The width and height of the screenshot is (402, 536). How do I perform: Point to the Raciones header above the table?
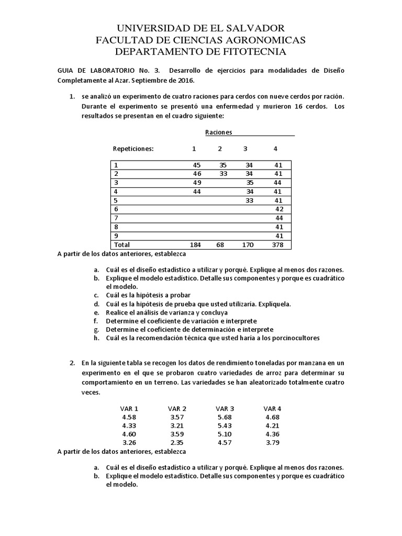pyautogui.click(x=218, y=133)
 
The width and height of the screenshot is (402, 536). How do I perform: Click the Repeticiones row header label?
pyautogui.click(x=133, y=149)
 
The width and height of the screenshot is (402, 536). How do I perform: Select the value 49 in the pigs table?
pyautogui.click(x=197, y=183)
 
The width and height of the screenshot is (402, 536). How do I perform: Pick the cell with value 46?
pyautogui.click(x=197, y=174)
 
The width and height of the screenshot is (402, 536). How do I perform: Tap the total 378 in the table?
pyautogui.click(x=278, y=245)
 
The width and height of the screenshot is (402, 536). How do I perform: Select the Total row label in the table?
pyautogui.click(x=122, y=245)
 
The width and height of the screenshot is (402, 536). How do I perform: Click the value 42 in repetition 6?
pyautogui.click(x=279, y=209)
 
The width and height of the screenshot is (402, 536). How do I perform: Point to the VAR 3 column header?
pyautogui.click(x=225, y=408)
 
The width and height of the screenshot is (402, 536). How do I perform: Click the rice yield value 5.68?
pyautogui.click(x=225, y=417)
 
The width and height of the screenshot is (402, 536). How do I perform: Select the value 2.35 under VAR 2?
pyautogui.click(x=177, y=443)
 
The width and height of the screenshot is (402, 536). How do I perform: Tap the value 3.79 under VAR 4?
pyautogui.click(x=273, y=443)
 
